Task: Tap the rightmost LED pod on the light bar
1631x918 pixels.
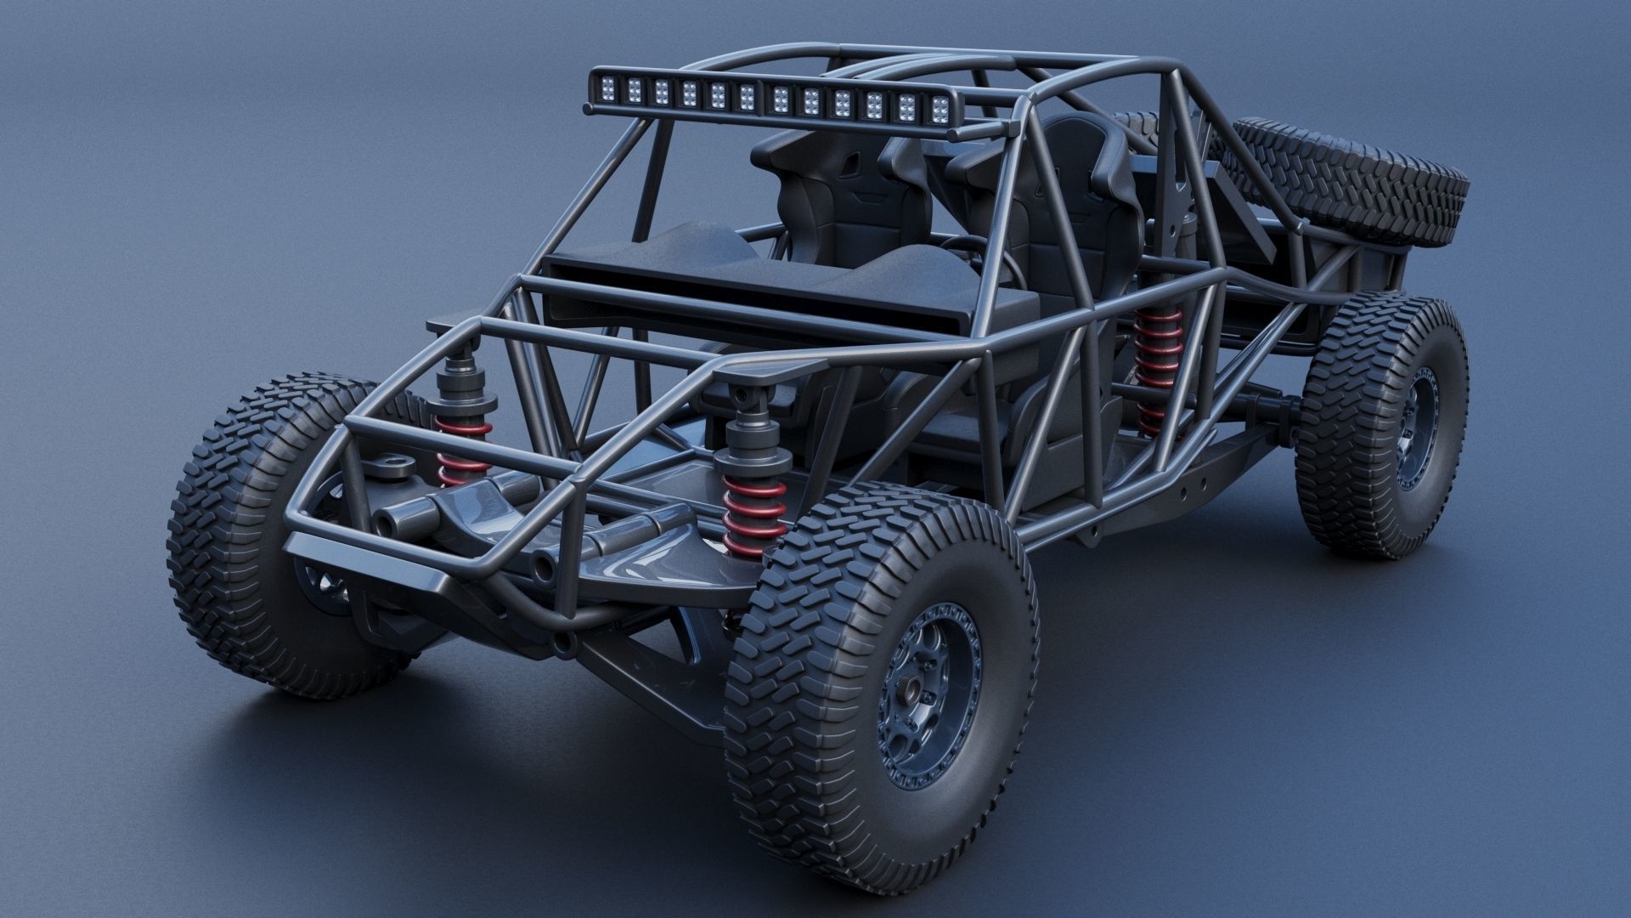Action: pyautogui.click(x=940, y=108)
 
